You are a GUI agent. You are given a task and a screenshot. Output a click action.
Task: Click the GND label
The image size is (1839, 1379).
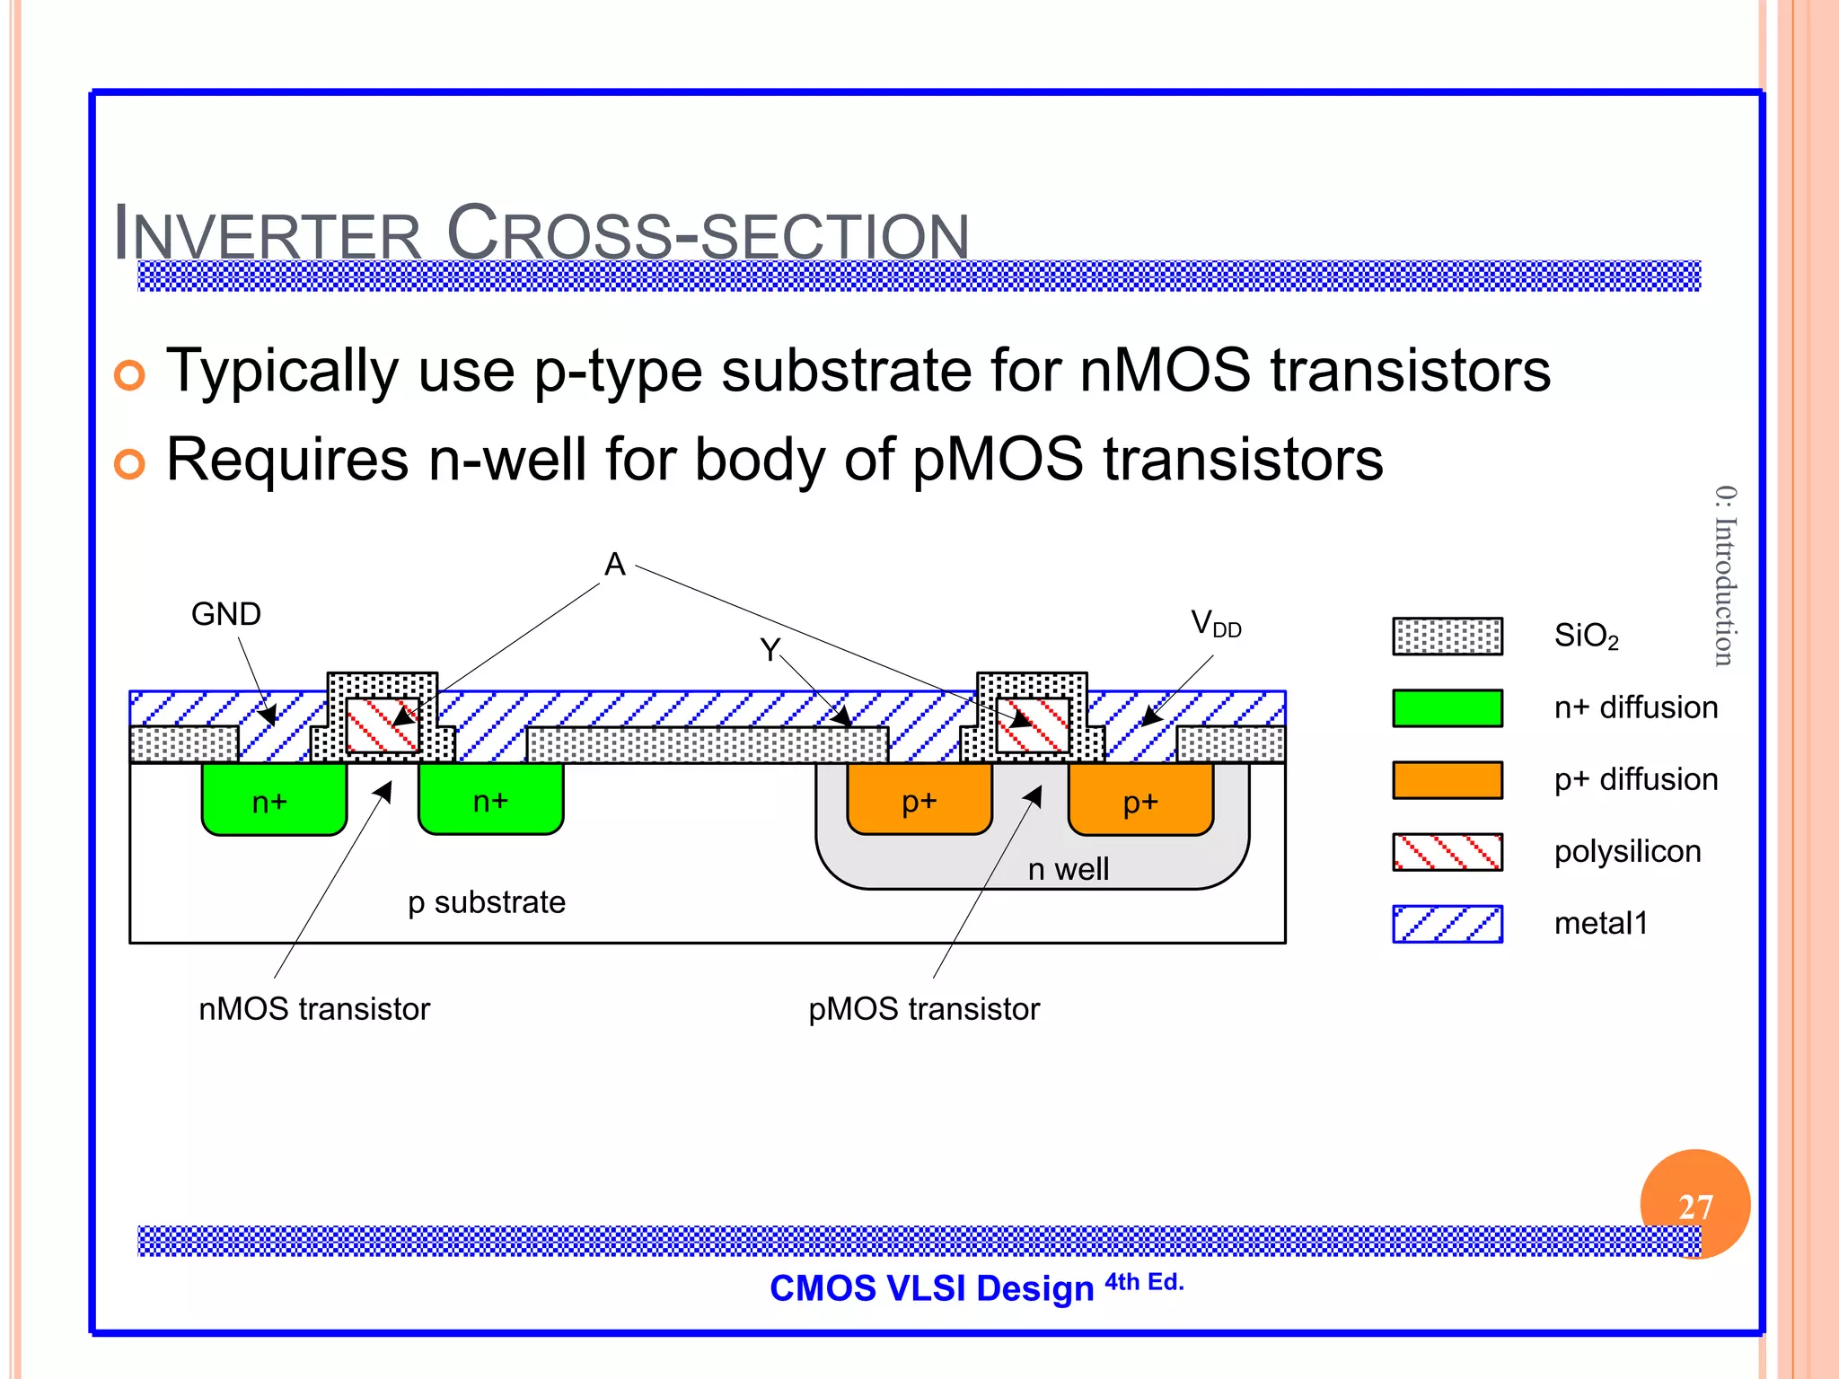pyautogui.click(x=225, y=615)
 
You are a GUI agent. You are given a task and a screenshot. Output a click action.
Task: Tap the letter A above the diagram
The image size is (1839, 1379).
pyautogui.click(x=614, y=565)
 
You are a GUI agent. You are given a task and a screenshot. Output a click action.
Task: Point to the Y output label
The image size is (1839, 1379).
pyautogui.click(x=770, y=649)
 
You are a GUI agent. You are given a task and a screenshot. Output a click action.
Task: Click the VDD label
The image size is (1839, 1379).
pyautogui.click(x=1215, y=623)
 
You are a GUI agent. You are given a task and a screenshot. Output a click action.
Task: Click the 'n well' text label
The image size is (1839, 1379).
pyautogui.click(x=1068, y=869)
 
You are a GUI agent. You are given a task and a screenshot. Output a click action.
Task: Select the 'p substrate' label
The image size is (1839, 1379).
pyautogui.click(x=486, y=902)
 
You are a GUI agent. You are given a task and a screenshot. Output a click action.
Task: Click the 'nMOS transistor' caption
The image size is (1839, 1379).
pyautogui.click(x=313, y=1009)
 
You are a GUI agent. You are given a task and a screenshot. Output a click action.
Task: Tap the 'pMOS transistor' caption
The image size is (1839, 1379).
pyautogui.click(x=923, y=1009)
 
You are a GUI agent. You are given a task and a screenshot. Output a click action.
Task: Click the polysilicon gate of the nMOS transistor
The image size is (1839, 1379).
pyautogui.click(x=383, y=725)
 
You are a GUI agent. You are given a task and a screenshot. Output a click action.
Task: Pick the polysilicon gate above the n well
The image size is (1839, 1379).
pyautogui.click(x=1033, y=725)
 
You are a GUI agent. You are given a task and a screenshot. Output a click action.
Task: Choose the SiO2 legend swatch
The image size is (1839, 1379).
pyautogui.click(x=1447, y=637)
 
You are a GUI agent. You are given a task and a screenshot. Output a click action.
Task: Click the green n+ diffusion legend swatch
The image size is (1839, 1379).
pyautogui.click(x=1447, y=708)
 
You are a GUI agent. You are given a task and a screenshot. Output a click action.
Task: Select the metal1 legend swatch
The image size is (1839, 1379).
pyautogui.click(x=1447, y=924)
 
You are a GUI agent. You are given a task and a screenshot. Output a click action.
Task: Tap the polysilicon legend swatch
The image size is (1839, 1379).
pyautogui.click(x=1447, y=852)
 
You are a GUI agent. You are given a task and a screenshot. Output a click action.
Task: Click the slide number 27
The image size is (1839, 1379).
pyautogui.click(x=1694, y=1207)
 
